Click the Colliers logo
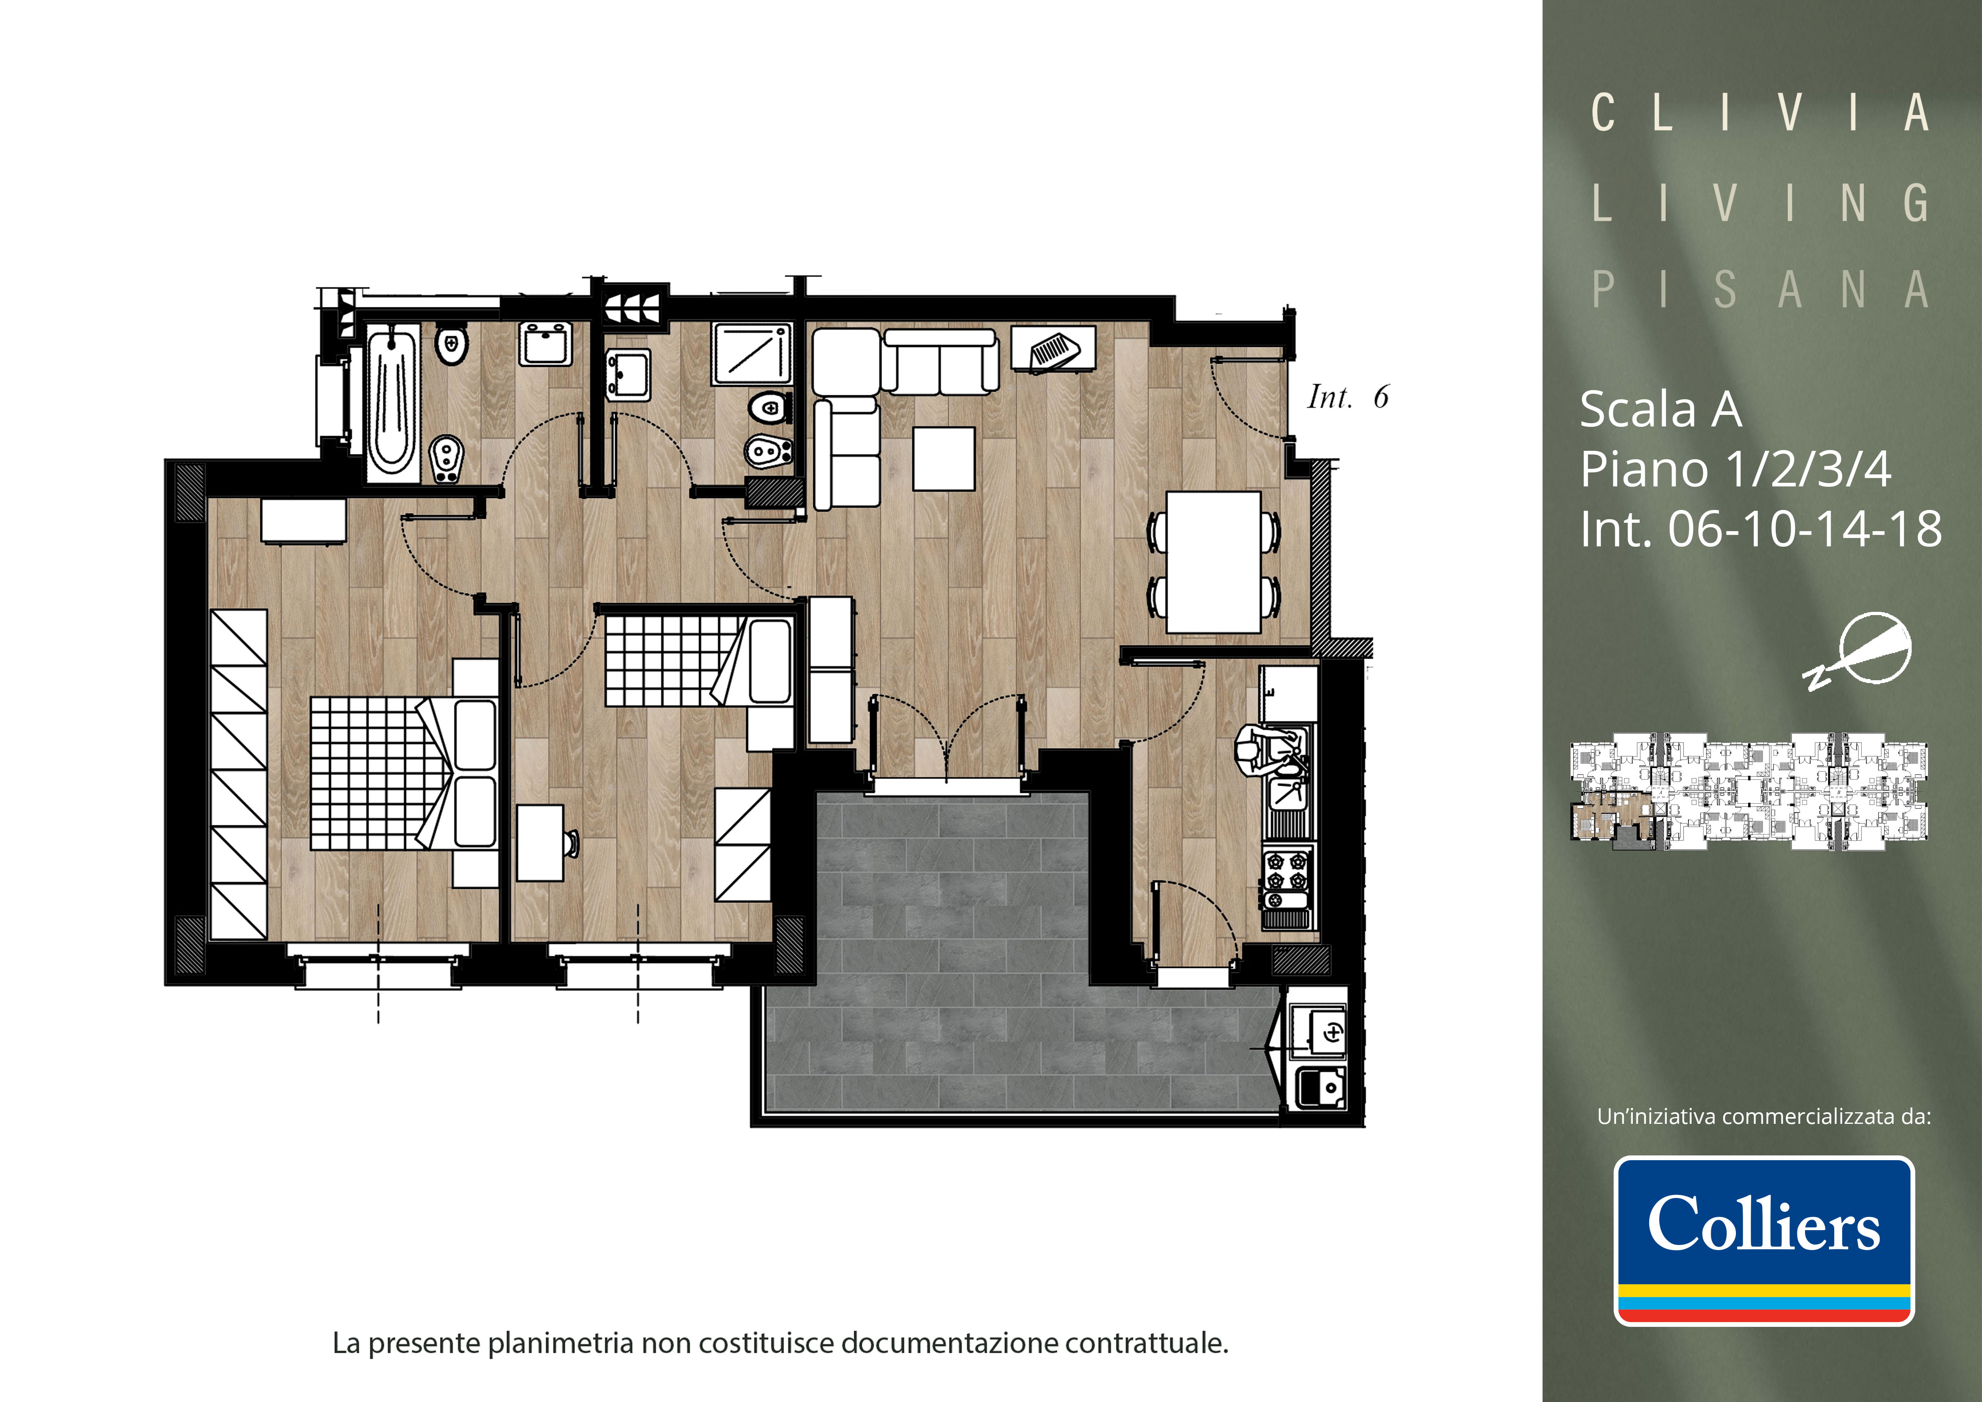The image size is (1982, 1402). (1763, 1241)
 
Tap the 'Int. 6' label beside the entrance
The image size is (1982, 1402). (1348, 397)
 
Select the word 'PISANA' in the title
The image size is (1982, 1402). (1761, 290)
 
